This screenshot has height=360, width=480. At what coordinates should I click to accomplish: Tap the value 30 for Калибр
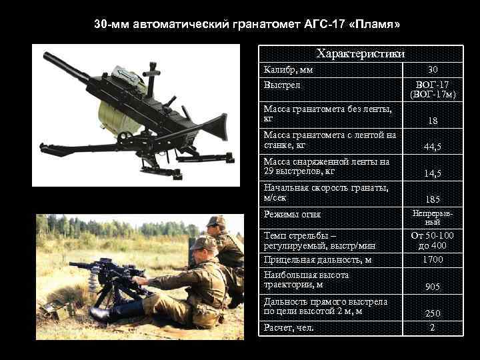433,70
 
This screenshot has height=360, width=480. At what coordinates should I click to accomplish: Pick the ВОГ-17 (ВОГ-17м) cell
434,90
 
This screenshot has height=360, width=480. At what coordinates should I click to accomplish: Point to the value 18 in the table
433,121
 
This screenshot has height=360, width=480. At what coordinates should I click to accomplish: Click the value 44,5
433,147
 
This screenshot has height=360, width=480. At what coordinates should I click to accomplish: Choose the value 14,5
433,173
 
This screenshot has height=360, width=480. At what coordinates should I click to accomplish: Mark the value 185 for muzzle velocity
433,199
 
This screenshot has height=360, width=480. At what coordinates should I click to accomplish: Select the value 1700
433,260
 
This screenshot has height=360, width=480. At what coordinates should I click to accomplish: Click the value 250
433,314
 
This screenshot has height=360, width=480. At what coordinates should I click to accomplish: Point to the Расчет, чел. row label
289,328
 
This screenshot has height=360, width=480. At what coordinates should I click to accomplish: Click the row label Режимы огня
292,215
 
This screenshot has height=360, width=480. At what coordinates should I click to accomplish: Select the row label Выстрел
282,85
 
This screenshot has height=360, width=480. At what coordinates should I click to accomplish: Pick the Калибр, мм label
288,70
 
